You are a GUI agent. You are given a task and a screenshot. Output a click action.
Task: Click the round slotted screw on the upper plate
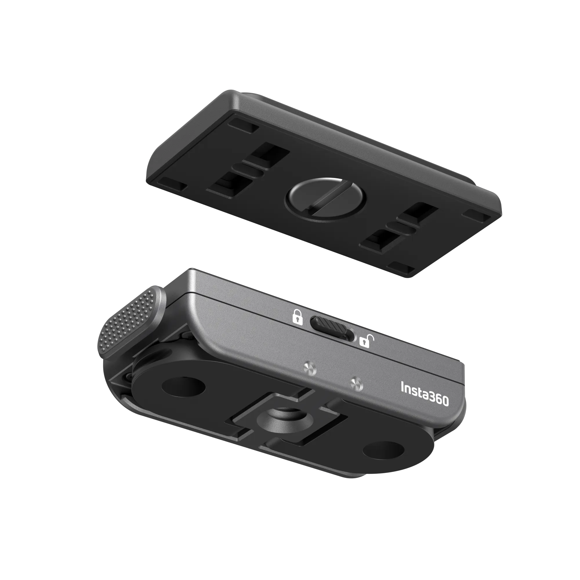tap(325, 200)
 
